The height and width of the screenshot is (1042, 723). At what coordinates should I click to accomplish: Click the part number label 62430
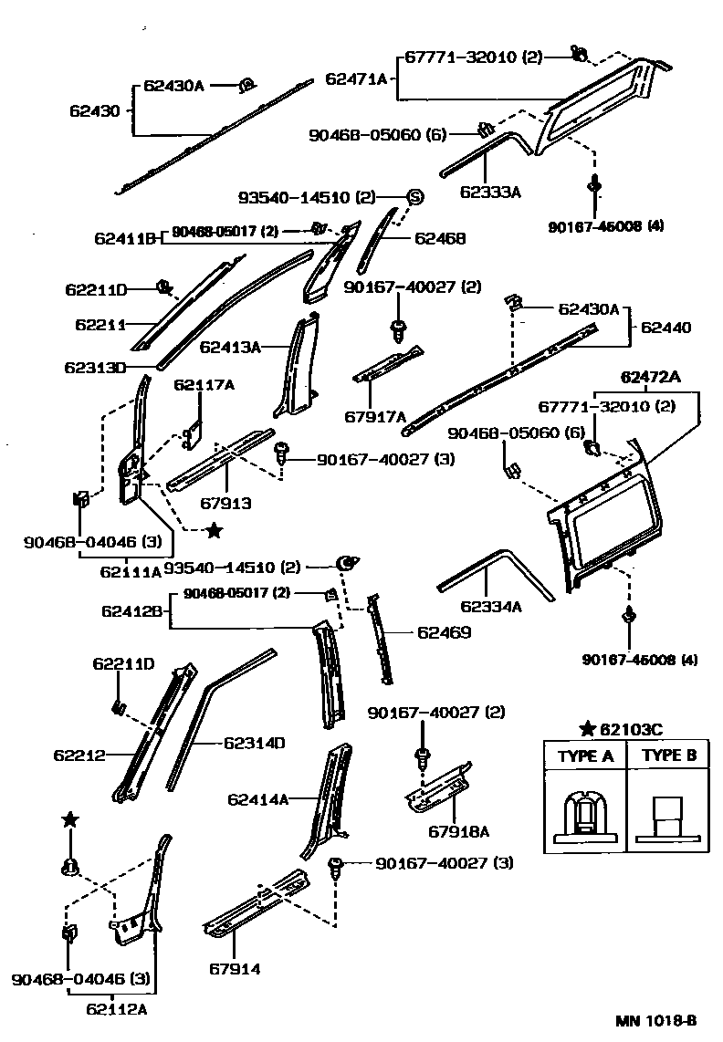[94, 111]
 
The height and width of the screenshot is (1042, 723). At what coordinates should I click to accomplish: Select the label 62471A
[356, 79]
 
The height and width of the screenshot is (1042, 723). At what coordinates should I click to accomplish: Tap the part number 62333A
[490, 192]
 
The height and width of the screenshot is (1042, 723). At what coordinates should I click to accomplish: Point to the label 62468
[440, 239]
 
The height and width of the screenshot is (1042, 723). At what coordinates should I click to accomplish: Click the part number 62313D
[96, 369]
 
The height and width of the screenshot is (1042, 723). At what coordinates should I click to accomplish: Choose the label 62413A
[230, 347]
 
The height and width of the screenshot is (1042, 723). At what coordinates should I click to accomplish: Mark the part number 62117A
[204, 385]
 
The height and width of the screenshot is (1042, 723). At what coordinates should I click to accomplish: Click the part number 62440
[666, 327]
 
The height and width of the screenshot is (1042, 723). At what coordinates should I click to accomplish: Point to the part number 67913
[225, 503]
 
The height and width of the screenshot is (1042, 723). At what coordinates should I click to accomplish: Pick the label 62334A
[490, 606]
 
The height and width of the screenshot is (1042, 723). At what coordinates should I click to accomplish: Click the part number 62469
[445, 631]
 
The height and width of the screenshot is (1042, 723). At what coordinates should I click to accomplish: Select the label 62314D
[255, 743]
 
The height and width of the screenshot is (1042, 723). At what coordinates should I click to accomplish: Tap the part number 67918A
[459, 830]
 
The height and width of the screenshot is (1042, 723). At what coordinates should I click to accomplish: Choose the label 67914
[234, 969]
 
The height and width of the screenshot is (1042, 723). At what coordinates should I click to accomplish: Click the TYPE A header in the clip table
[585, 755]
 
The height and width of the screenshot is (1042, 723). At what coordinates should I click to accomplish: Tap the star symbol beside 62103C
[588, 728]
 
